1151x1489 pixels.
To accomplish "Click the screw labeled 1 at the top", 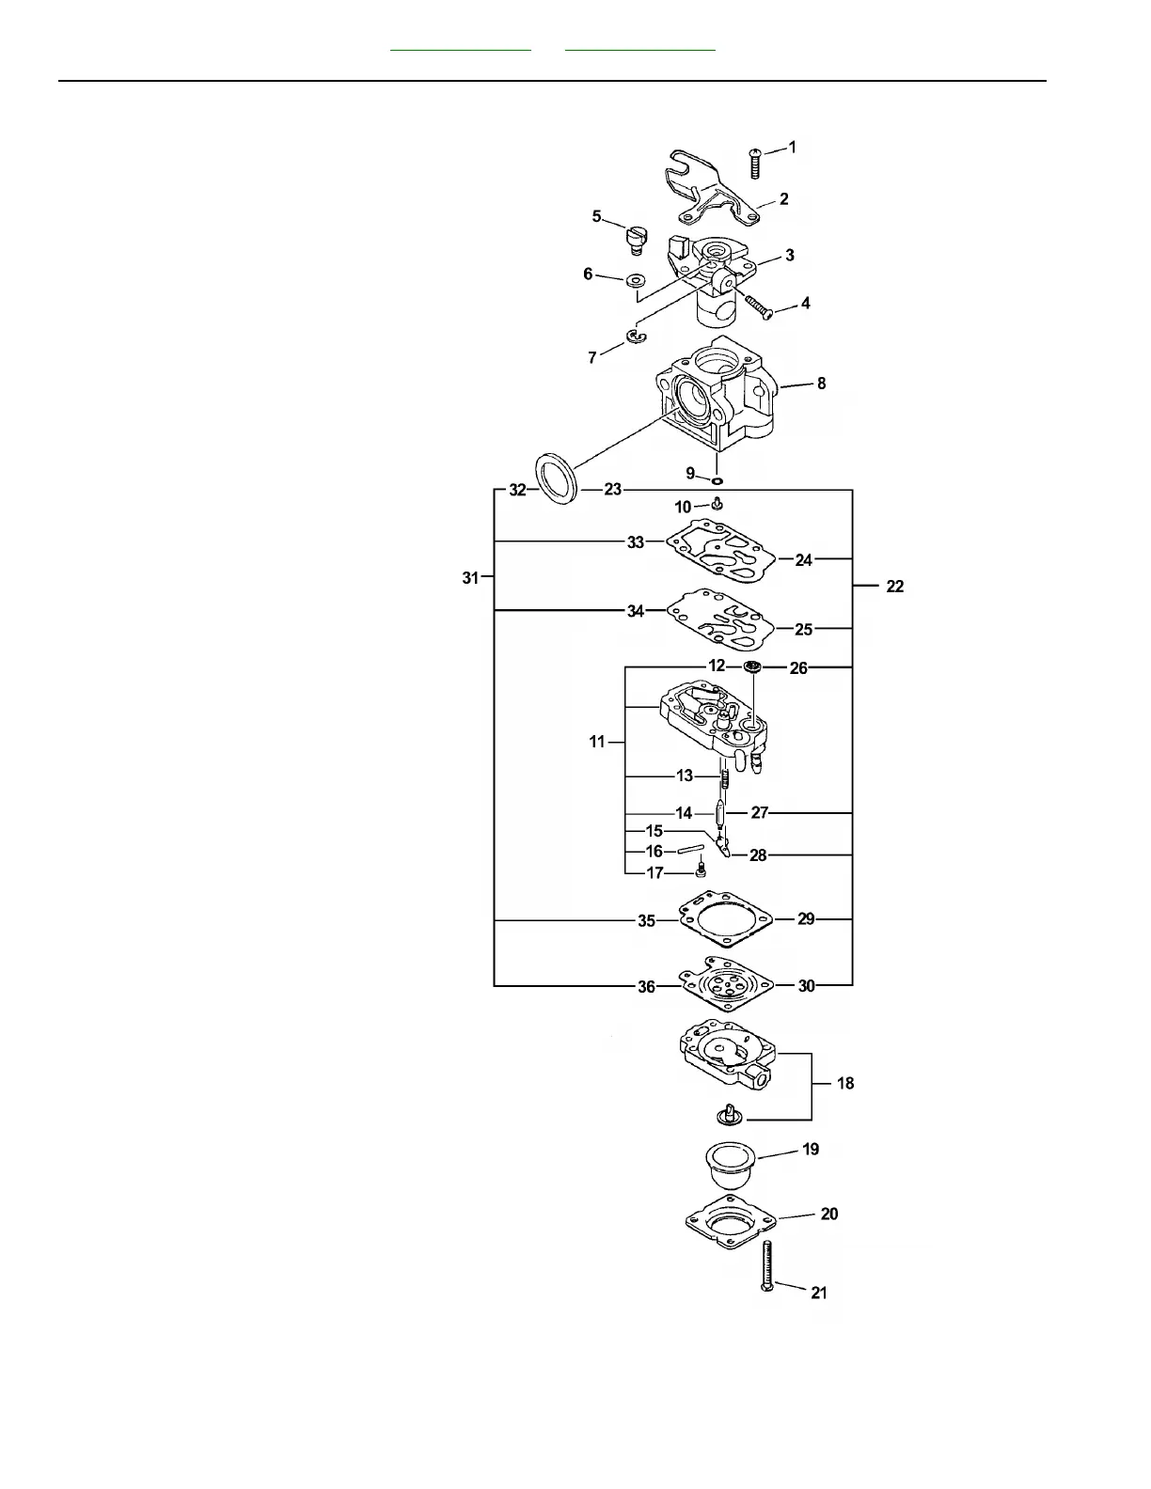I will pyautogui.click(x=754, y=163).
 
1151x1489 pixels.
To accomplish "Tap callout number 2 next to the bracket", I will pyautogui.click(x=783, y=199).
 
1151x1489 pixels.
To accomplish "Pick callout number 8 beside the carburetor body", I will pyautogui.click(x=821, y=384).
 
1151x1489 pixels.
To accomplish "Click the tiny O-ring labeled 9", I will pyautogui.click(x=717, y=480).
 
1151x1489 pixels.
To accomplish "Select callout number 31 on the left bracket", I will pyautogui.click(x=470, y=578).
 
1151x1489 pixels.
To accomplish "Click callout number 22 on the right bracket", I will pyautogui.click(x=894, y=587).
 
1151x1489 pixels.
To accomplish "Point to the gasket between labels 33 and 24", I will pyautogui.click(x=720, y=551).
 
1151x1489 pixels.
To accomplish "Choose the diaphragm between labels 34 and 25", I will pyautogui.click(x=720, y=619).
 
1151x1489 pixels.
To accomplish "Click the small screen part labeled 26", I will pyautogui.click(x=752, y=667).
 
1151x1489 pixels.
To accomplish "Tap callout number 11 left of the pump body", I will pyautogui.click(x=597, y=742).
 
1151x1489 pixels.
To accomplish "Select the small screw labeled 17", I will pyautogui.click(x=700, y=871).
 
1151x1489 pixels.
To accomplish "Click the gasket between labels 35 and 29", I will pyautogui.click(x=725, y=920).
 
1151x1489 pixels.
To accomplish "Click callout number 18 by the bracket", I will pyautogui.click(x=845, y=1083).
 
